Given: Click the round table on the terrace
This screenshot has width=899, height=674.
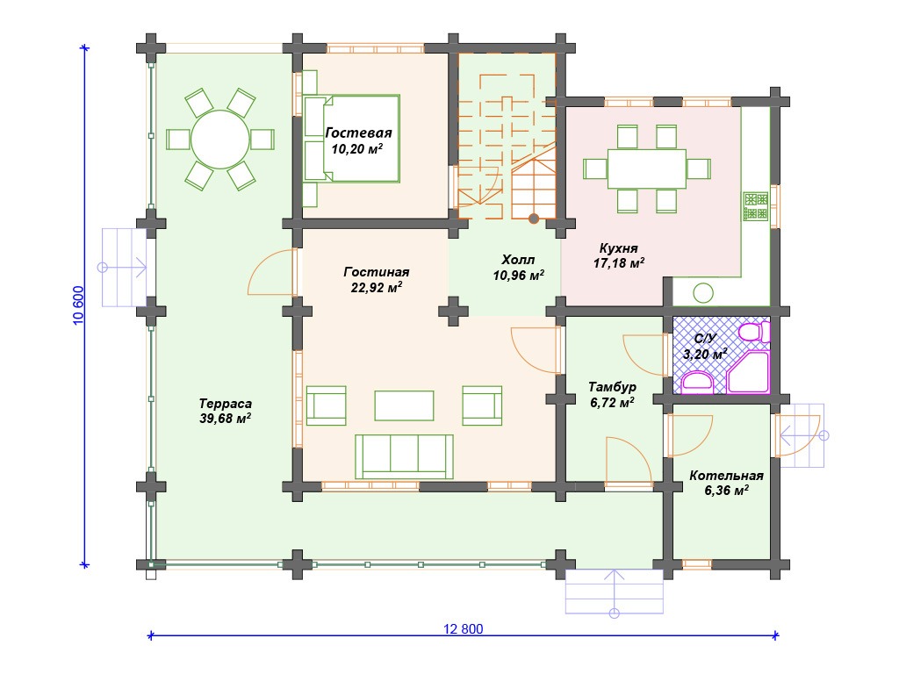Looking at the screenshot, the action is [x=220, y=140].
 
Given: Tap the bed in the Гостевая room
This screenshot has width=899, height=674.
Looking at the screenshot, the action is [x=351, y=139].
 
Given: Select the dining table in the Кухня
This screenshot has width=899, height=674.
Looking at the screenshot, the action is [x=647, y=168].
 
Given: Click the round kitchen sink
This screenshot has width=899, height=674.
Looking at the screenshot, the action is [x=703, y=293].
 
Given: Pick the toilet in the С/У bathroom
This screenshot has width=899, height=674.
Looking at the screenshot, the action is [x=753, y=332].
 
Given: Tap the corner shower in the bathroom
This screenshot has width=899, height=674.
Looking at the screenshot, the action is [x=748, y=372].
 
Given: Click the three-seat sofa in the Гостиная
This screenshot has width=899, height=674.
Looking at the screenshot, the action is [x=404, y=456].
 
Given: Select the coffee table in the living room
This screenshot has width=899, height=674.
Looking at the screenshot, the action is [x=404, y=405].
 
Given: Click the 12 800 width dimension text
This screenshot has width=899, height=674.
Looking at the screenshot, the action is [x=464, y=629].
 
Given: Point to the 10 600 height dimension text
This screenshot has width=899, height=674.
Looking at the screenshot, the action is [x=78, y=305].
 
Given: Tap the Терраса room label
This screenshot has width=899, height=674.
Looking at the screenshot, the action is [x=226, y=404].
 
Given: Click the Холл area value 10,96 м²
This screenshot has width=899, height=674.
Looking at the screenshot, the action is [x=518, y=275].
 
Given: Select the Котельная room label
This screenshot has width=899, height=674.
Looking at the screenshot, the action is [x=726, y=476].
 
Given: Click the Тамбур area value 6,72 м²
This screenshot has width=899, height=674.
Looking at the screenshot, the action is [x=612, y=402].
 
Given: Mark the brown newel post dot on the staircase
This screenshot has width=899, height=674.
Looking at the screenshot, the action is [x=534, y=219].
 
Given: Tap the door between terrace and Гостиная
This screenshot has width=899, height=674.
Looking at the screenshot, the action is [x=273, y=272].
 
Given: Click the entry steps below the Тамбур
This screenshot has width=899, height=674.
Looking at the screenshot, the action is [x=614, y=592].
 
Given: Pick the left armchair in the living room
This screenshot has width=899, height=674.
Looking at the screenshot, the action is [x=327, y=405].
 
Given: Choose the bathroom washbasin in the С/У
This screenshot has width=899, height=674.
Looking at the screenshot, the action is [x=696, y=382].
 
